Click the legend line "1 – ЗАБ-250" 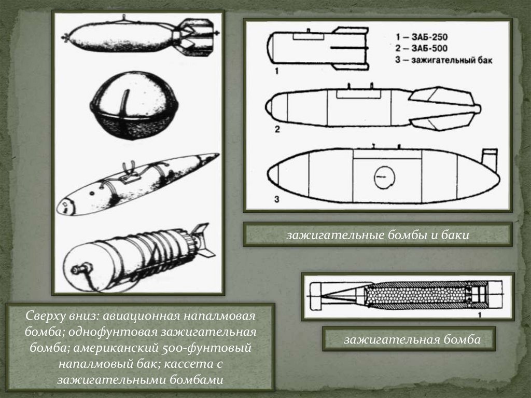pyautogui.click(x=422, y=37)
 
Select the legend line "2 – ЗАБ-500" pyautogui.click(x=422, y=48)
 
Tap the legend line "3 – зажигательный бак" pyautogui.click(x=444, y=60)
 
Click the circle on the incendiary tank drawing pyautogui.click(x=384, y=177)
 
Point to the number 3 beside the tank pyautogui.click(x=277, y=199)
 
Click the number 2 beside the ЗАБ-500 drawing pyautogui.click(x=277, y=129)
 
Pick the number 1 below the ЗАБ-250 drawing pyautogui.click(x=277, y=71)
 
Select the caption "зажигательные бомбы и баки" pyautogui.click(x=378, y=235)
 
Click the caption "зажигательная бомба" pyautogui.click(x=412, y=339)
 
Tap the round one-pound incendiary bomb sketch pyautogui.click(x=135, y=106)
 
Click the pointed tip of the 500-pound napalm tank pyautogui.click(x=217, y=156)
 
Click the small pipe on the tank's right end pyautogui.click(x=489, y=159)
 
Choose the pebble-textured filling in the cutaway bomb pyautogui.click(x=416, y=296)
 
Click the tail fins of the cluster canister pyautogui.click(x=203, y=240)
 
